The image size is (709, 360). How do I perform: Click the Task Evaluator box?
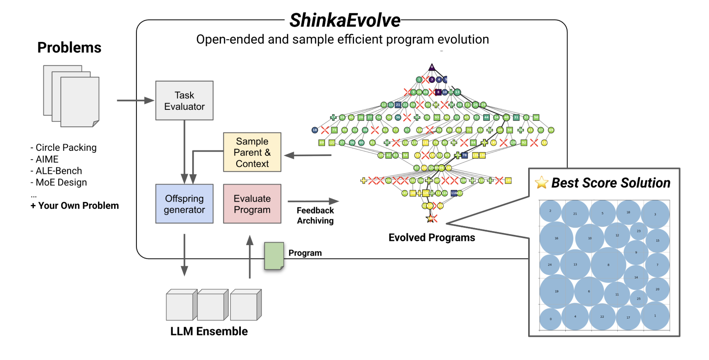pos(184,101)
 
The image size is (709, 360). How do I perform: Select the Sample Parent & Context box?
pos(252,152)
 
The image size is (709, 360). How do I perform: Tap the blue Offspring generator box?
pos(184,204)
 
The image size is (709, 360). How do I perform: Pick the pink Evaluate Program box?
pos(252,204)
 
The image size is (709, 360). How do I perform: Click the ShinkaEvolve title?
pos(344,20)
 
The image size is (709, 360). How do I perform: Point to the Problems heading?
pos(69,47)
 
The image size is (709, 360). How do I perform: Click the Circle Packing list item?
pos(64,147)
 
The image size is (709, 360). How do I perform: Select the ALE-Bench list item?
pos(57,171)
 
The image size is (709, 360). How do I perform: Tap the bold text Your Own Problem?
pos(75,206)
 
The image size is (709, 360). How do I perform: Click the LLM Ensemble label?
pos(209,331)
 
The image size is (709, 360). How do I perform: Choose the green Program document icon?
pos(274,256)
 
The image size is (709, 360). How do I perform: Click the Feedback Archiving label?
pos(315,215)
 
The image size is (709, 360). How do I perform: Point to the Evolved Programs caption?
pos(431,237)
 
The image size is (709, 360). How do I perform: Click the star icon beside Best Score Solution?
pos(541,183)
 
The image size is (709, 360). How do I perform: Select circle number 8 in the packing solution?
pos(608,265)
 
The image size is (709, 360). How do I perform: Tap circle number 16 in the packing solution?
pos(556,238)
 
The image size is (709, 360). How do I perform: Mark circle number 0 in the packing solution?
pos(550,319)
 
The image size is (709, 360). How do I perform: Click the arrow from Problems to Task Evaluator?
pos(135,101)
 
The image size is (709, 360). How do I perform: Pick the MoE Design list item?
pos(59,183)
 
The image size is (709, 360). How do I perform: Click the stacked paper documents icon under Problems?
pos(71,96)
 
